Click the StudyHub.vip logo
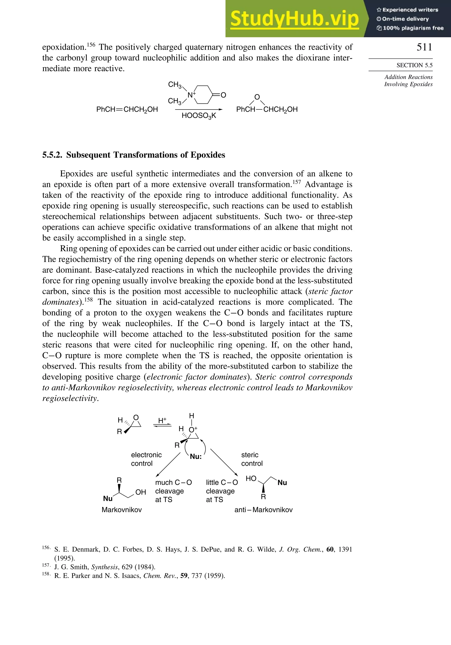(294, 19)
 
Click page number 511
(424, 47)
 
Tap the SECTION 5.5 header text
(414, 65)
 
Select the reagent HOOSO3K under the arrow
(199, 116)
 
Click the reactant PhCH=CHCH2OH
(127, 109)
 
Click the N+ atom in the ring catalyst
(191, 95)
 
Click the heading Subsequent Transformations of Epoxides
(145, 155)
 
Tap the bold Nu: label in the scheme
(196, 457)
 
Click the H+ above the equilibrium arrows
(162, 421)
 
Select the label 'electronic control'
(146, 459)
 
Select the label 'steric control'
(251, 459)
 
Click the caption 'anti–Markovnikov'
(263, 510)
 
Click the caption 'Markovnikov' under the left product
(122, 510)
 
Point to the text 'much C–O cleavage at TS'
(173, 491)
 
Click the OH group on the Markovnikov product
(140, 492)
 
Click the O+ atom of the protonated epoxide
(193, 430)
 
